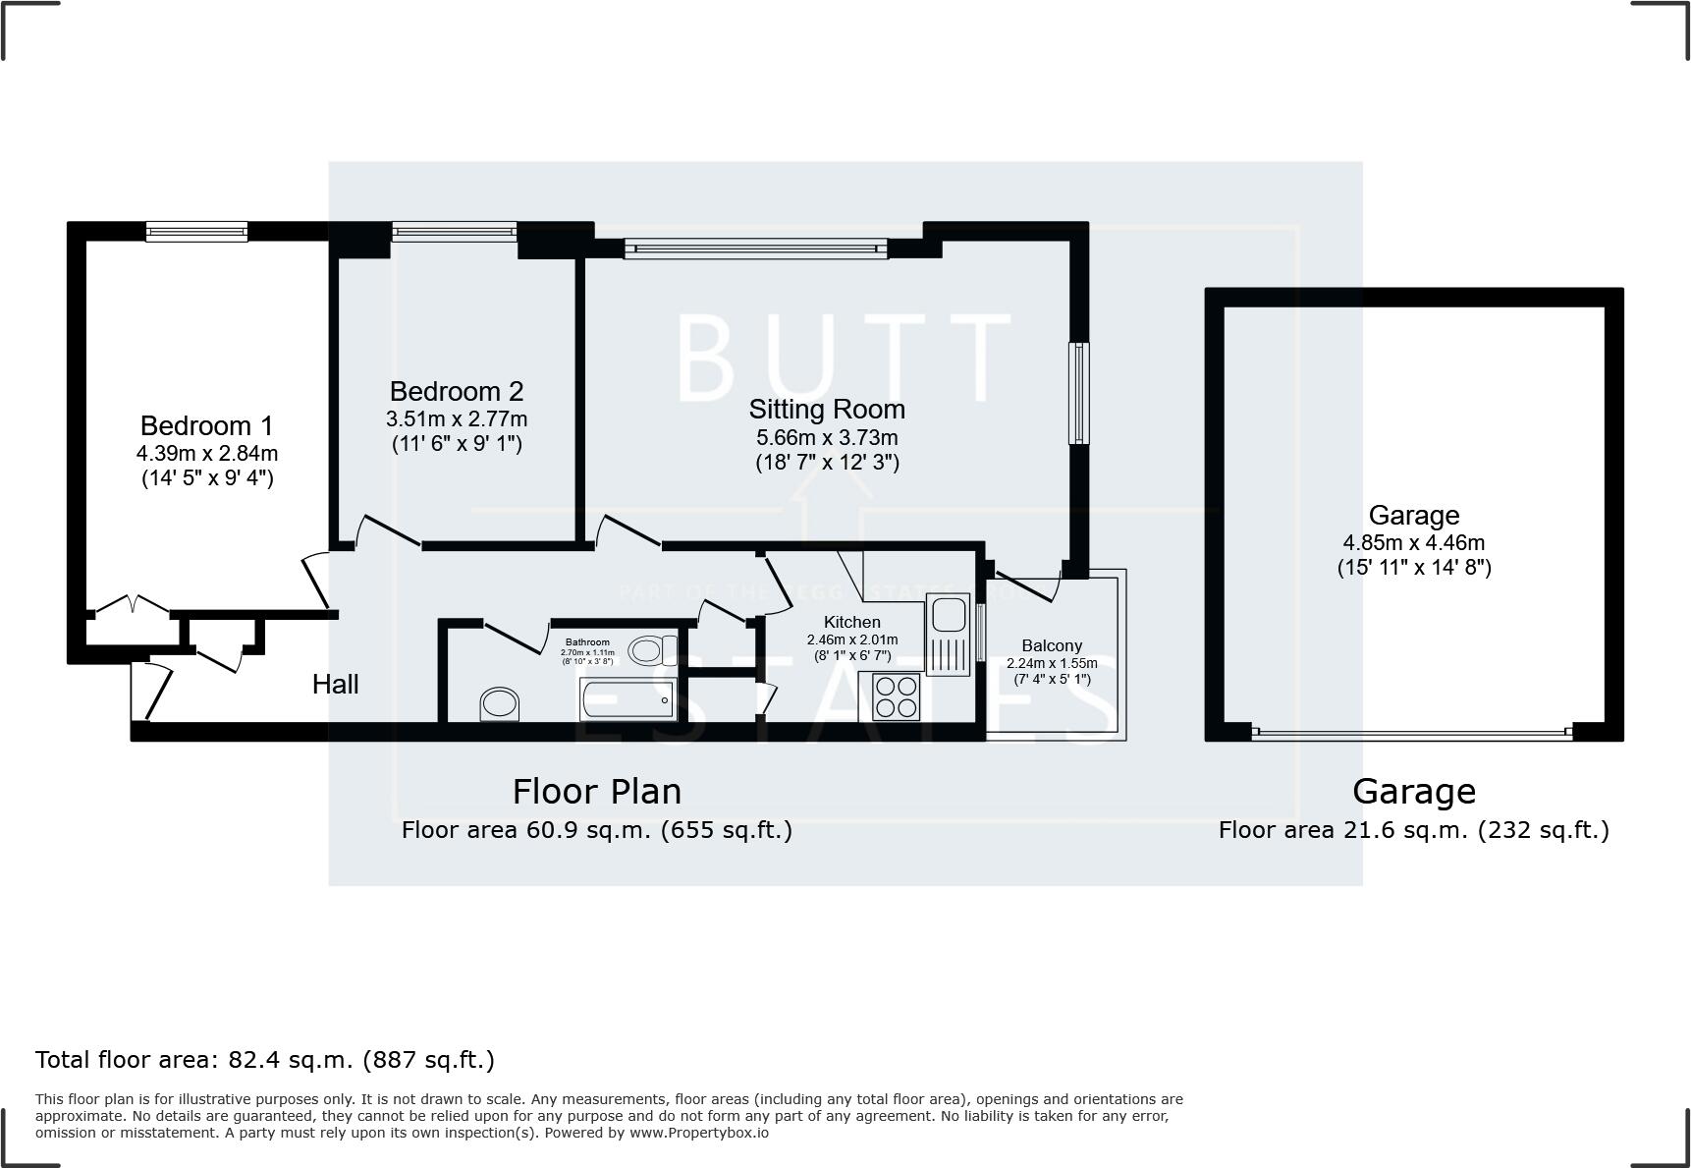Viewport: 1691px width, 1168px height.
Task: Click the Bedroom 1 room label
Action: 206,425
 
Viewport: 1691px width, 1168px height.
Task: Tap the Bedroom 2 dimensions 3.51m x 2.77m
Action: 457,418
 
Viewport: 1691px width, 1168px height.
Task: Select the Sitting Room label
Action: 827,409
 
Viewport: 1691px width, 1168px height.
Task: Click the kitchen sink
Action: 949,616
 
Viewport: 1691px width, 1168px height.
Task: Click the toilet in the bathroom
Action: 651,649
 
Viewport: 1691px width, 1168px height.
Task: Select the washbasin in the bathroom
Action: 500,704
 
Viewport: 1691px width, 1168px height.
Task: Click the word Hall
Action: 335,684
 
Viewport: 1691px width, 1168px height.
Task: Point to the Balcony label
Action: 1052,645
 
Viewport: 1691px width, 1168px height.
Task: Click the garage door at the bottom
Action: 1412,732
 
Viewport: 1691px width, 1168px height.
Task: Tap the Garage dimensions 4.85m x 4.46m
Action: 1413,542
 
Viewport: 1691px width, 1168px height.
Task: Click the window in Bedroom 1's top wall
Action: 196,232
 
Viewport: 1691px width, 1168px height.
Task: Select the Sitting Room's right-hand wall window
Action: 1078,393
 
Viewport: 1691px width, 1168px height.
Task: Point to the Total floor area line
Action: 265,1060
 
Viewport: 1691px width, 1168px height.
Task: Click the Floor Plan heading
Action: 596,791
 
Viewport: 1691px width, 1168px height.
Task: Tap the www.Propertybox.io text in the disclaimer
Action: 698,1133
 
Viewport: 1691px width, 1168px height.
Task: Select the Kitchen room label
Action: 851,622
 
